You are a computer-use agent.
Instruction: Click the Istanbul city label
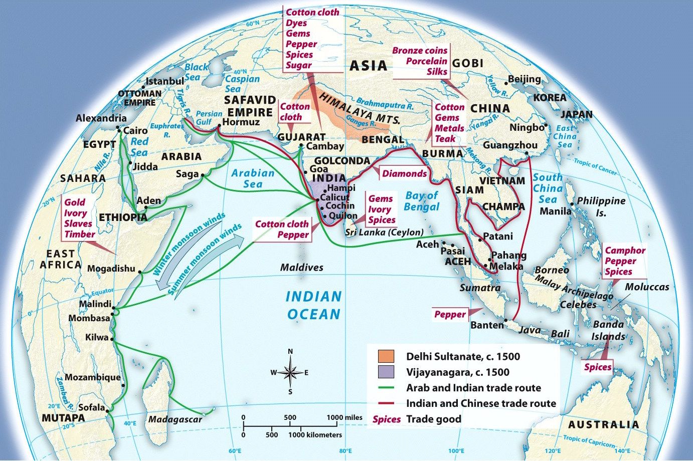click(165, 81)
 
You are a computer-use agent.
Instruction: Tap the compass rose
click(290, 372)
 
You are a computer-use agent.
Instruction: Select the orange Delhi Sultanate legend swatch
click(387, 356)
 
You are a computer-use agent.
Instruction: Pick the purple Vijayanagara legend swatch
click(387, 372)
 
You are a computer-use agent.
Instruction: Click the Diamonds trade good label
click(404, 174)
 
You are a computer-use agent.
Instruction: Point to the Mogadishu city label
click(111, 269)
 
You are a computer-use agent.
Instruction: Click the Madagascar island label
click(175, 419)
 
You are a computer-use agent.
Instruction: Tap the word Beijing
click(524, 79)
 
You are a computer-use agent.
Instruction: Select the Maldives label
click(301, 268)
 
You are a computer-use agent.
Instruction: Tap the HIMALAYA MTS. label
click(360, 109)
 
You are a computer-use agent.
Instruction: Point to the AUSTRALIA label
click(604, 425)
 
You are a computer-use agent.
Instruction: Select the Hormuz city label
click(241, 122)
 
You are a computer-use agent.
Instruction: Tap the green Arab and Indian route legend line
click(387, 388)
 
